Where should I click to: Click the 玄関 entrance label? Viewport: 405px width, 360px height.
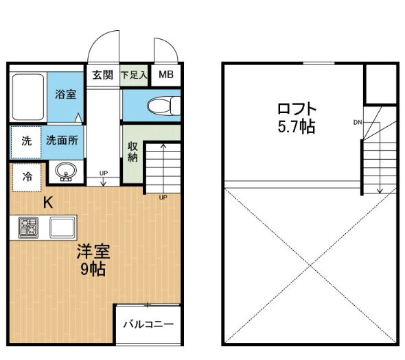coord(103,75)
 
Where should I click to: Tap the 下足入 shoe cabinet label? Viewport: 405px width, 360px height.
coord(134,75)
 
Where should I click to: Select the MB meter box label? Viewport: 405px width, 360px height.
coord(166,75)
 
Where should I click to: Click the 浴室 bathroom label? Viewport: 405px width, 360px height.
coord(66,94)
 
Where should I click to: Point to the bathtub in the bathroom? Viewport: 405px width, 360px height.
coord(28,97)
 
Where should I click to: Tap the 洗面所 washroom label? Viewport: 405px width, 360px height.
coord(62,141)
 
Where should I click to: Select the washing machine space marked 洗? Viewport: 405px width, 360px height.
coord(26,142)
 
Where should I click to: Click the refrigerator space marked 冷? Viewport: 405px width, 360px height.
coord(27,178)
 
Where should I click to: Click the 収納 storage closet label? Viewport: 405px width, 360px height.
coord(132,152)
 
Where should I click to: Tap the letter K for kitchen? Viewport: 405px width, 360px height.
coord(48,202)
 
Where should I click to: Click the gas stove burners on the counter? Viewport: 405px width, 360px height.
coord(28,228)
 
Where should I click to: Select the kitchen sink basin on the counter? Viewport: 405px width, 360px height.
coord(62,228)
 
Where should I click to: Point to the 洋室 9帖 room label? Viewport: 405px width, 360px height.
coord(93,260)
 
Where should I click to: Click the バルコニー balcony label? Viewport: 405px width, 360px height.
coord(148,324)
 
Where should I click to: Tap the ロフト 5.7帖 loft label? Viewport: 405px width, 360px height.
coord(297,118)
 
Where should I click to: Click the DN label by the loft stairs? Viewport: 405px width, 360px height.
coord(358,123)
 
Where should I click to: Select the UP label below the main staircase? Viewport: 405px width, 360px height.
coord(163,197)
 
